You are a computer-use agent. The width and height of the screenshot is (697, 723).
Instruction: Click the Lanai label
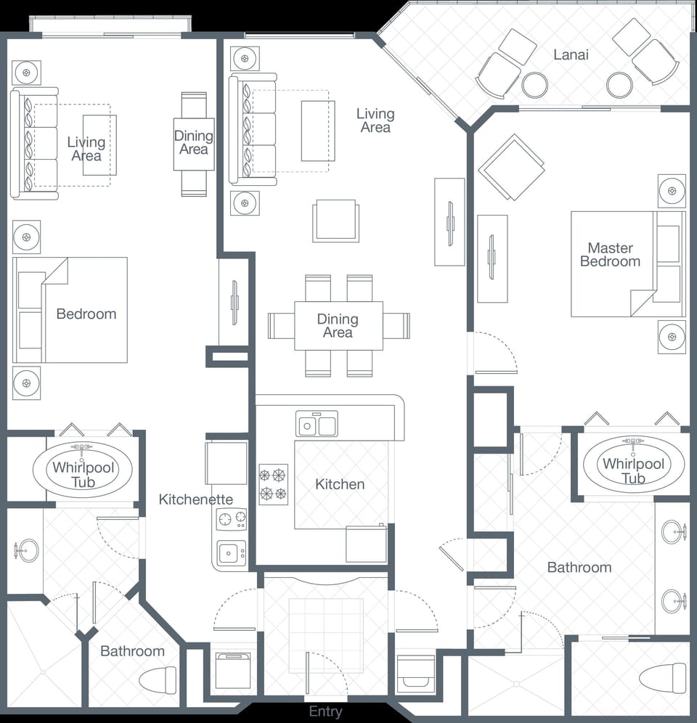571,54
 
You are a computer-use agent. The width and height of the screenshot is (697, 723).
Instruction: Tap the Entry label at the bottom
325,711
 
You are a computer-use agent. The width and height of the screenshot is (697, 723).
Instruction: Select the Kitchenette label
196,499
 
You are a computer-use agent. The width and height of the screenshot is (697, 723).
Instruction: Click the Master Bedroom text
610,255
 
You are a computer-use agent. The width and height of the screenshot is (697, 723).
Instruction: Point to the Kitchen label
340,484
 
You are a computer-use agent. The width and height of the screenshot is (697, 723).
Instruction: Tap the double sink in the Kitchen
317,424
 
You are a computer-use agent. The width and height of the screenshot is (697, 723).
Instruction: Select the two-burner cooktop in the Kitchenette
232,519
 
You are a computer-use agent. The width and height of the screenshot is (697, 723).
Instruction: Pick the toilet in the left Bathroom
158,679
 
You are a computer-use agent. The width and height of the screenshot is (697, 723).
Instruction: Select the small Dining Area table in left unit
194,144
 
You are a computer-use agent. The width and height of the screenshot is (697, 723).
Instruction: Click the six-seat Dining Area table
338,326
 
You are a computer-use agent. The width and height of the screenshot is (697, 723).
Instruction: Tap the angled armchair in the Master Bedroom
511,167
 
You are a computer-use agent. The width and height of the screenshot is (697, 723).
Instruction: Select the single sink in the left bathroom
28,551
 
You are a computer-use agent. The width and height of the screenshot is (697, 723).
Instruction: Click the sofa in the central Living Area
252,129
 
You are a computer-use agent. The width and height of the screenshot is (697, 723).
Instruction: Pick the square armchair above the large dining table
335,221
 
